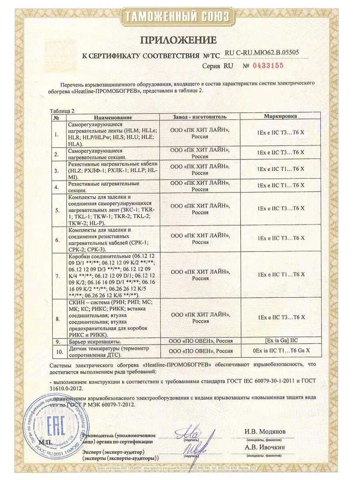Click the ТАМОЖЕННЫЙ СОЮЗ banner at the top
pyautogui.click(x=178, y=16)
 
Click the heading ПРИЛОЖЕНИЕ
pyautogui.click(x=178, y=40)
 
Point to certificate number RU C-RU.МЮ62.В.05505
pyautogui.click(x=262, y=52)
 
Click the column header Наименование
pyautogui.click(x=113, y=117)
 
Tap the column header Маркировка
pyautogui.click(x=280, y=116)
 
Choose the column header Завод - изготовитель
pyautogui.click(x=200, y=117)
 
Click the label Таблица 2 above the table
pyautogui.click(x=62, y=110)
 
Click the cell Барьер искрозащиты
pyautogui.click(x=95, y=342)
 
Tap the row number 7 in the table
pyautogui.click(x=57, y=276)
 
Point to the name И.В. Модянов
pyautogui.click(x=265, y=432)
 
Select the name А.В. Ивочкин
pyautogui.click(x=265, y=447)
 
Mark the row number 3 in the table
pyautogui.click(x=57, y=171)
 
